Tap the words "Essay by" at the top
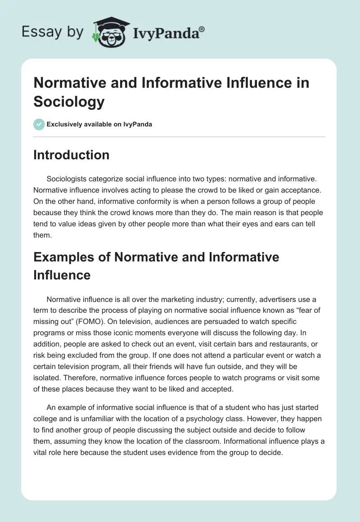[52, 31]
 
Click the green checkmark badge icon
[39, 124]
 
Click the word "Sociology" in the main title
[69, 101]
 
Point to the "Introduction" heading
[72, 155]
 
